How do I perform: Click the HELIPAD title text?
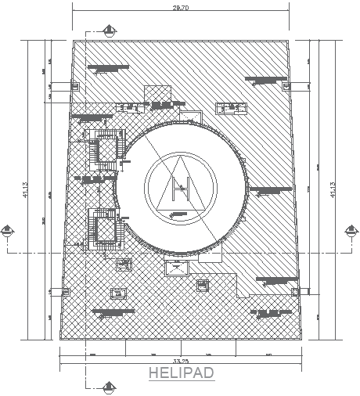(x=182, y=373)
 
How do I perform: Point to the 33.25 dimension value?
(x=181, y=362)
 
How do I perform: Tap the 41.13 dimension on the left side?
(x=26, y=188)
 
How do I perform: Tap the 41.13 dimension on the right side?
(x=334, y=188)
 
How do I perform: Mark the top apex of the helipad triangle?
(x=180, y=157)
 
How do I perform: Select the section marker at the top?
(x=107, y=31)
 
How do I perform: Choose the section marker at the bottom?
(x=107, y=385)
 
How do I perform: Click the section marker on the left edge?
(x=8, y=230)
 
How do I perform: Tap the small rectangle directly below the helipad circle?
(x=175, y=268)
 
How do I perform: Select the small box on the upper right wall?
(x=288, y=86)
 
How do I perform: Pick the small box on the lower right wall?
(x=296, y=290)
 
